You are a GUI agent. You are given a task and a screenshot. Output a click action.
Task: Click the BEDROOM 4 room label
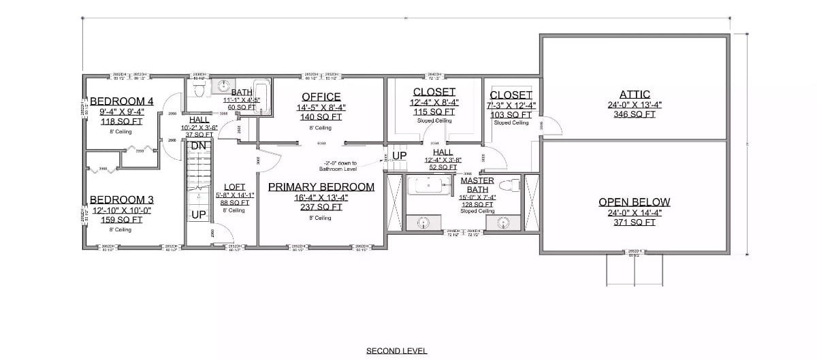coord(122,101)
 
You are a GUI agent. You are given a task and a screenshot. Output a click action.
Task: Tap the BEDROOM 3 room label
coord(122,199)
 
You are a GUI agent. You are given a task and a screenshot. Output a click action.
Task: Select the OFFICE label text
coord(321,97)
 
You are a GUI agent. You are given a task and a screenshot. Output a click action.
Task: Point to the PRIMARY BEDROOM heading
coord(321,186)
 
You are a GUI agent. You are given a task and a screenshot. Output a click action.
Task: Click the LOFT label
coord(235,186)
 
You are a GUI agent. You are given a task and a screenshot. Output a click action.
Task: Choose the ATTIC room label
coord(635,95)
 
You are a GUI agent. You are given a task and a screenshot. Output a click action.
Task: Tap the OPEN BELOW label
coord(635,202)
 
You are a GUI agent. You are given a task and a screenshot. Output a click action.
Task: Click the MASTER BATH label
coord(477,184)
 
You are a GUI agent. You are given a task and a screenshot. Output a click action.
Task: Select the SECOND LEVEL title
coord(396,351)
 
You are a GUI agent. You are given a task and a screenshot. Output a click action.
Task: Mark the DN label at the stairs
coord(198,146)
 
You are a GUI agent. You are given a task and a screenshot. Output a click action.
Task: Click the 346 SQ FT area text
coord(635,114)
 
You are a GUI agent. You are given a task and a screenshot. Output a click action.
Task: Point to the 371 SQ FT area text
coord(635,222)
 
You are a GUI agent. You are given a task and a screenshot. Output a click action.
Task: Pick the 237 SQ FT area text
coord(321,207)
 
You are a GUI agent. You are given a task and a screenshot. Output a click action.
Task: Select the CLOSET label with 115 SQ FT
coord(434,92)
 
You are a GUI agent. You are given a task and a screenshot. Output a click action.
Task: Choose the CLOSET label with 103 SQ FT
coord(511,95)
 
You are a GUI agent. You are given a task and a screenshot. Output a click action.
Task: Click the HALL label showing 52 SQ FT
coord(444,153)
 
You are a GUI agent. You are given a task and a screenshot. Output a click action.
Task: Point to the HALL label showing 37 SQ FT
coord(199,119)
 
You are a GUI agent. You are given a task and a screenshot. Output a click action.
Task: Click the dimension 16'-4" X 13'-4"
coord(321,197)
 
